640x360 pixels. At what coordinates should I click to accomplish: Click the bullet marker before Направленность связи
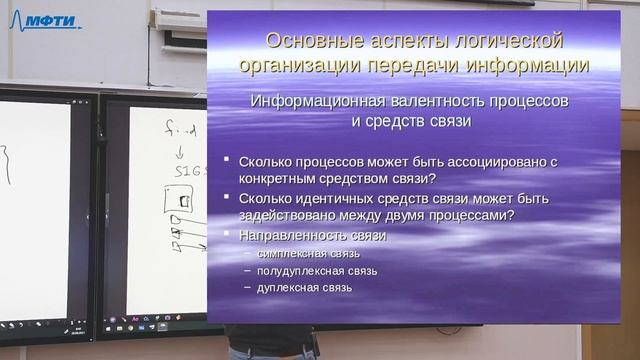[227, 234]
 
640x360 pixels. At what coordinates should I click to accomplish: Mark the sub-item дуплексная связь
[297, 288]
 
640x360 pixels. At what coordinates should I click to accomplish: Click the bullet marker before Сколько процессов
[227, 160]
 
